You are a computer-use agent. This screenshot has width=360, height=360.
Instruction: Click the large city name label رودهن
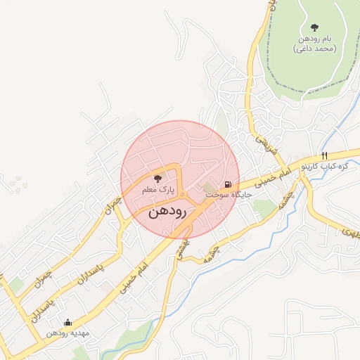pos(167,212)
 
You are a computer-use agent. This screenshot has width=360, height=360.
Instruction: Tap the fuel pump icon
pos(228,180)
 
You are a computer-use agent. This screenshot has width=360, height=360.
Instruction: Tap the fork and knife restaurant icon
pos(324,156)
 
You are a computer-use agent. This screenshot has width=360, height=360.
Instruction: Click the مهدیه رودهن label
pos(67,333)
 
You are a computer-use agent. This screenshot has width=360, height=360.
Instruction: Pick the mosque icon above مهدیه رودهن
pos(67,323)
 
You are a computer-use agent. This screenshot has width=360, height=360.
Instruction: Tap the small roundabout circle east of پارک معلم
pos(182,195)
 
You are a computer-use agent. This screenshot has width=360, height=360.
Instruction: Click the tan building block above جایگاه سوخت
pos(211,188)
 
